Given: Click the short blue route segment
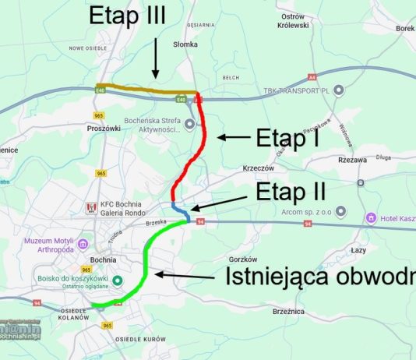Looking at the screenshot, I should pyautogui.click(x=180, y=208).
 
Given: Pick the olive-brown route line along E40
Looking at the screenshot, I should pyautogui.click(x=140, y=90).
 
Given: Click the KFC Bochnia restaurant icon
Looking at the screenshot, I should pyautogui.click(x=91, y=208).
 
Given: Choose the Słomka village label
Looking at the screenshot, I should pyautogui.click(x=185, y=44).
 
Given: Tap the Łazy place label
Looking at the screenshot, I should pyautogui.click(x=359, y=250).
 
